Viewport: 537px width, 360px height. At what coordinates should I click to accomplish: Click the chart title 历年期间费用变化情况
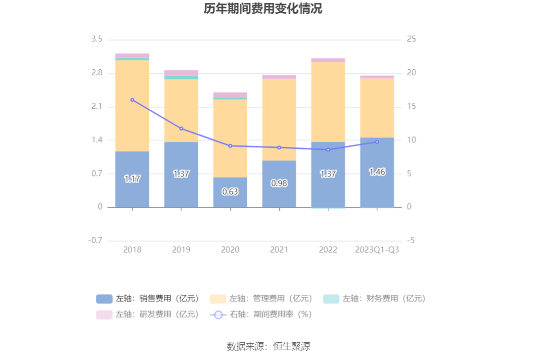click(x=263, y=9)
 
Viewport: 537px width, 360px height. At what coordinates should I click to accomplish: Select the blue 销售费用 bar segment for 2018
click(x=132, y=193)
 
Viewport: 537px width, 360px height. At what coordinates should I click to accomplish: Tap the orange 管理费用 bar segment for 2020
click(x=230, y=138)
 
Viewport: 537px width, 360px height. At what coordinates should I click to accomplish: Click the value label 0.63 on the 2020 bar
click(x=230, y=192)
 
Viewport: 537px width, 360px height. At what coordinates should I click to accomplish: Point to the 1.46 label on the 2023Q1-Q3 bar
click(x=377, y=172)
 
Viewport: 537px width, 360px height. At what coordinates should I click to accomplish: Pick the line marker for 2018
click(x=132, y=100)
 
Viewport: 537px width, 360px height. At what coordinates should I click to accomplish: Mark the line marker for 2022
click(x=328, y=150)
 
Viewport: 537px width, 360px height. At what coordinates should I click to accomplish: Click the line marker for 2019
click(x=181, y=129)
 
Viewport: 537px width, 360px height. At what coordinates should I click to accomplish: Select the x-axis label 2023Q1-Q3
click(x=377, y=250)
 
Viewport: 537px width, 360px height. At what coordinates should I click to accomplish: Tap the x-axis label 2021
click(x=279, y=250)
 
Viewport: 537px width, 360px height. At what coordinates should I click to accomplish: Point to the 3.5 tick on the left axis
click(x=97, y=40)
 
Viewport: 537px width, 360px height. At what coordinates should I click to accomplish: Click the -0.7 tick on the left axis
click(x=95, y=241)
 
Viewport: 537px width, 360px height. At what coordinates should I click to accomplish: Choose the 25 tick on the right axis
click(x=411, y=40)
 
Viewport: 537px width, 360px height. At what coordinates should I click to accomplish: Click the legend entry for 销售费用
click(x=148, y=299)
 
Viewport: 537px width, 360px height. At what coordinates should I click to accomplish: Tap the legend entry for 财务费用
click(x=374, y=299)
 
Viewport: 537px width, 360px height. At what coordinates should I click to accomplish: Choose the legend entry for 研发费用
click(x=148, y=314)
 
